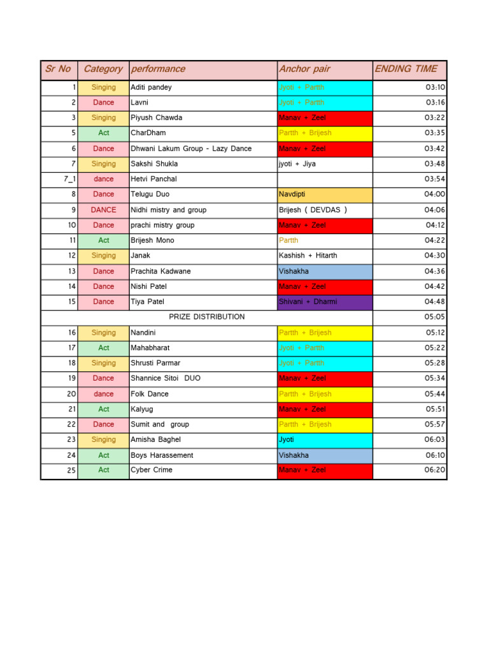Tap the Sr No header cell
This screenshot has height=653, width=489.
[58, 69]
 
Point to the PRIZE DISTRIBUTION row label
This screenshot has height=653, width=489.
[206, 317]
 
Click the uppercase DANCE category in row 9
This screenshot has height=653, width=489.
[103, 210]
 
